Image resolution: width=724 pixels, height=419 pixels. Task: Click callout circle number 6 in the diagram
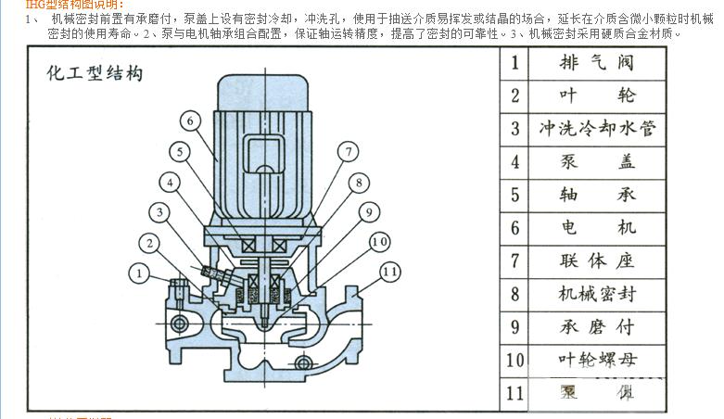coord(187,121)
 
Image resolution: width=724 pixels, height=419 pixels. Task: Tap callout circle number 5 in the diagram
coord(178,151)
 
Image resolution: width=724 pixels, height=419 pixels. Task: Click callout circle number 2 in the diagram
coord(148,244)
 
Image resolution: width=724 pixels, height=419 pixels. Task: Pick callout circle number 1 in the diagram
coord(138,273)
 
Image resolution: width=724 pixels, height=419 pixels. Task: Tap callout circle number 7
coord(347,151)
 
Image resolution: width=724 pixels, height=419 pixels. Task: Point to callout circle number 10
coord(378,242)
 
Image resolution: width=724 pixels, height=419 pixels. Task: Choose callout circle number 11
coord(389,273)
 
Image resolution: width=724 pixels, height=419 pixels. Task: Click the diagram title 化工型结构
coord(95,74)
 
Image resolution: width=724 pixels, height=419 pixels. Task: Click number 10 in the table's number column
coord(515,360)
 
